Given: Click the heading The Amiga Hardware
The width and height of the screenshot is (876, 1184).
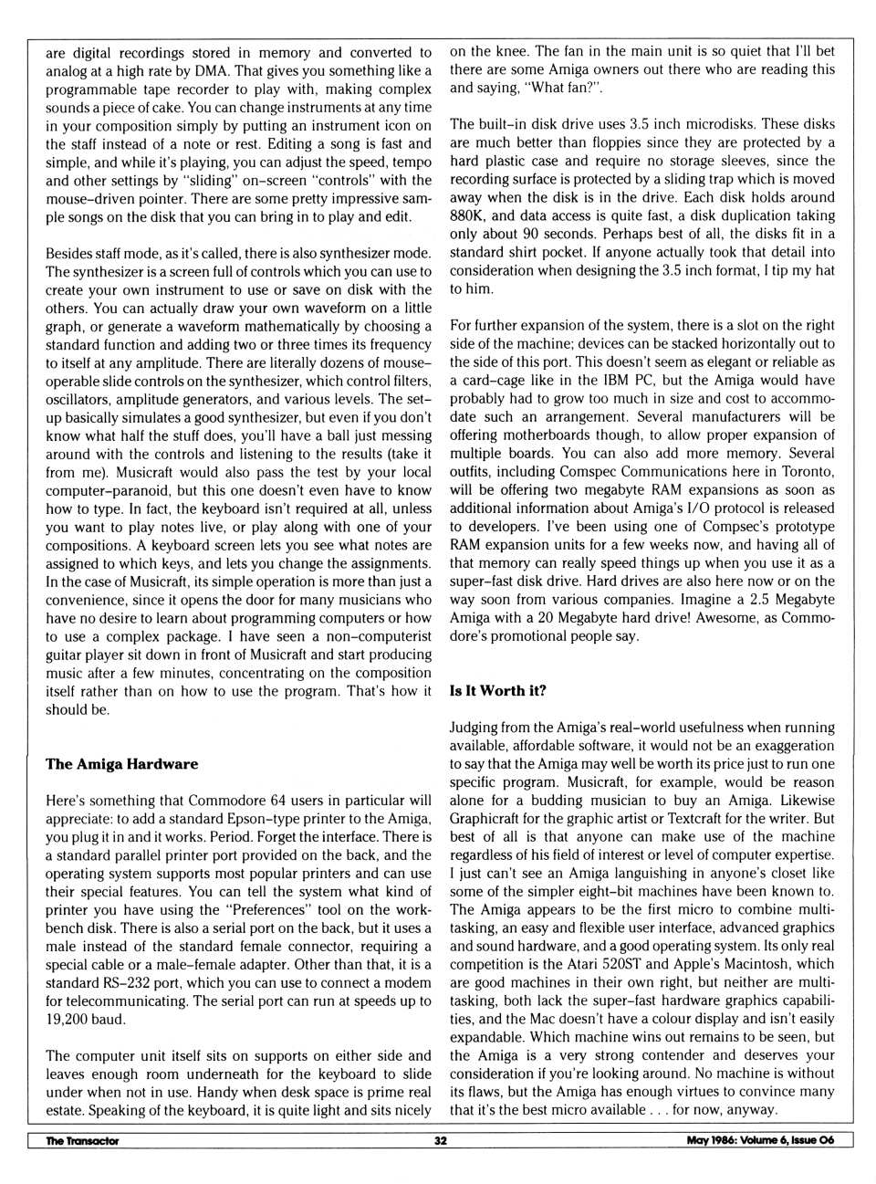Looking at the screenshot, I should click(121, 764).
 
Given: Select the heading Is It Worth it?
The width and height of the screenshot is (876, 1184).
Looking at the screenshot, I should click(497, 691).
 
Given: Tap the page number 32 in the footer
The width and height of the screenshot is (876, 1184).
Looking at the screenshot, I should click(441, 1140).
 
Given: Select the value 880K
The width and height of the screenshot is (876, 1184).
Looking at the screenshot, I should click(468, 215).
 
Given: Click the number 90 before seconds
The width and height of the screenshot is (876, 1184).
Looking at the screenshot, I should click(530, 234).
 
